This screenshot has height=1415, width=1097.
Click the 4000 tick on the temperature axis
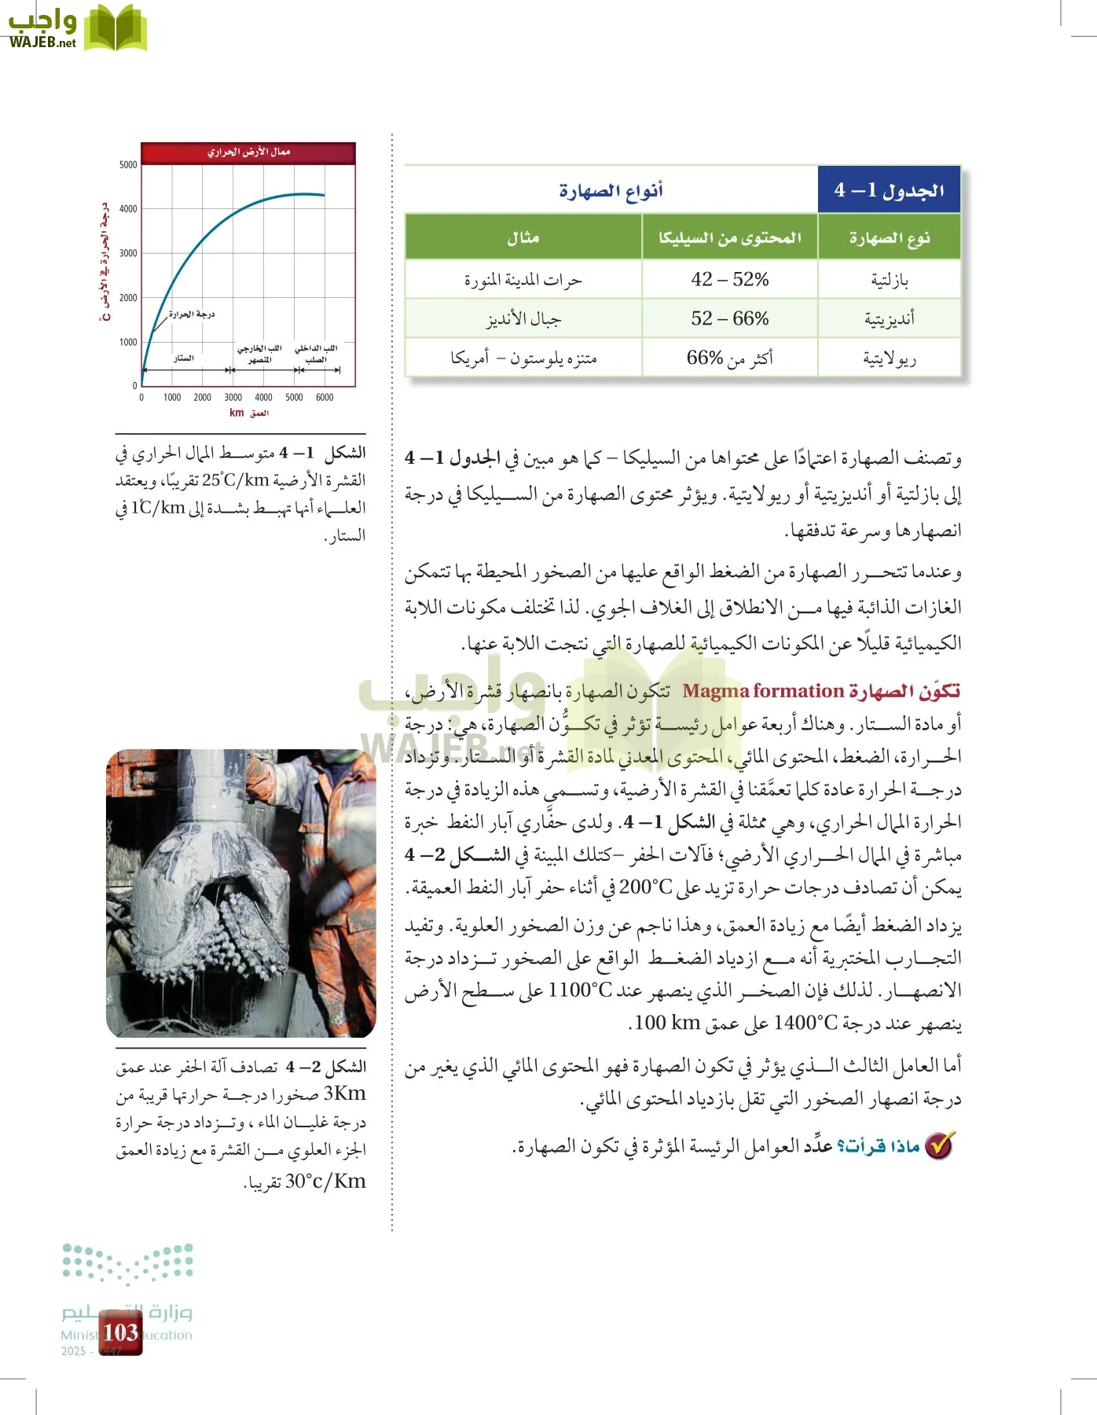(x=128, y=209)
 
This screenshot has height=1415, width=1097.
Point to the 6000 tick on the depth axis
(x=325, y=398)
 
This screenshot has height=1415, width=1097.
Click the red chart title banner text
(x=248, y=152)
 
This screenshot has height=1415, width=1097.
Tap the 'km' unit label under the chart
(x=237, y=413)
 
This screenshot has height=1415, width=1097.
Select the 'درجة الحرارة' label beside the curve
(x=191, y=314)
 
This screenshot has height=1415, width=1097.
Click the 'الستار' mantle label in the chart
(x=184, y=358)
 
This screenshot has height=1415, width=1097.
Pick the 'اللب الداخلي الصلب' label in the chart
(x=316, y=354)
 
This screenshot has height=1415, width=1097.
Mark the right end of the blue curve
(x=324, y=195)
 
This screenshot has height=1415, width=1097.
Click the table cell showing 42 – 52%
(x=729, y=280)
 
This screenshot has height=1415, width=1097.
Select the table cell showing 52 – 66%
(x=729, y=318)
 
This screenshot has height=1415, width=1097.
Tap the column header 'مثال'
(x=523, y=237)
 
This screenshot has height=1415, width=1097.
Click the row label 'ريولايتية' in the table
(x=889, y=358)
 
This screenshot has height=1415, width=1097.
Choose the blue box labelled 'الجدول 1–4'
(x=889, y=189)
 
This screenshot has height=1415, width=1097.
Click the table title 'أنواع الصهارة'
(x=611, y=190)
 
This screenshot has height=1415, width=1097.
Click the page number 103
(x=120, y=1332)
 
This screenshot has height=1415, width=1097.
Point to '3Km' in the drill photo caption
(x=344, y=1093)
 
